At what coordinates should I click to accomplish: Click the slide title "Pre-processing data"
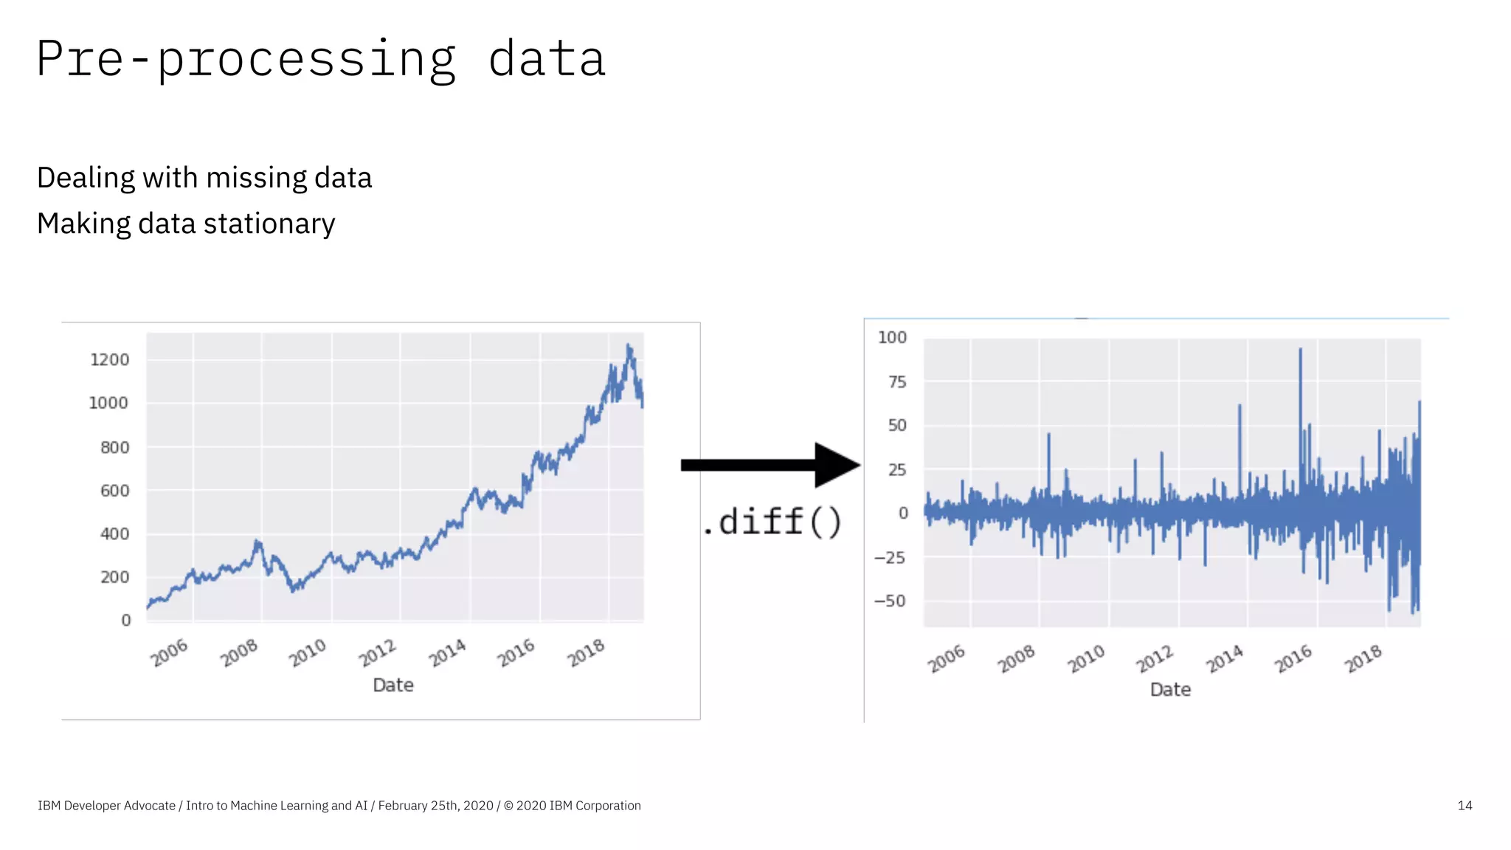(321, 59)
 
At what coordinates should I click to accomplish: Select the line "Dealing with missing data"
(204, 178)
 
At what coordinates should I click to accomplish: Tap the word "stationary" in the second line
(269, 224)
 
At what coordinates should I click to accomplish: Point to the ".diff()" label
(772, 522)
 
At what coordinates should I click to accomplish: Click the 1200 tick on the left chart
(109, 360)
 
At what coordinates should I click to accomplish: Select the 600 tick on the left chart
(114, 491)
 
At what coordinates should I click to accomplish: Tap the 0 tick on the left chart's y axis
(126, 621)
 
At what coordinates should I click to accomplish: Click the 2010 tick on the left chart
(308, 653)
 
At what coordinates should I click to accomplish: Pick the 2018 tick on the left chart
(587, 653)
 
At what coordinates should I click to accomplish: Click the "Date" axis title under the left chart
(393, 685)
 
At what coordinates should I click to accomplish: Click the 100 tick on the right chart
(892, 337)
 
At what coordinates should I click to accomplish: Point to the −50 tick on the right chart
(890, 601)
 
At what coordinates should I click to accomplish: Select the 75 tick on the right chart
(897, 382)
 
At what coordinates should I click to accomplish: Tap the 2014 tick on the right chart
(1225, 658)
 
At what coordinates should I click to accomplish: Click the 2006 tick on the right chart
(947, 658)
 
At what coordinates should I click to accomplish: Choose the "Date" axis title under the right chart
(1170, 690)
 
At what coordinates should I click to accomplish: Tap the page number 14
(1465, 806)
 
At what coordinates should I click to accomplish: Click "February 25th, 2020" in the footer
(435, 806)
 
